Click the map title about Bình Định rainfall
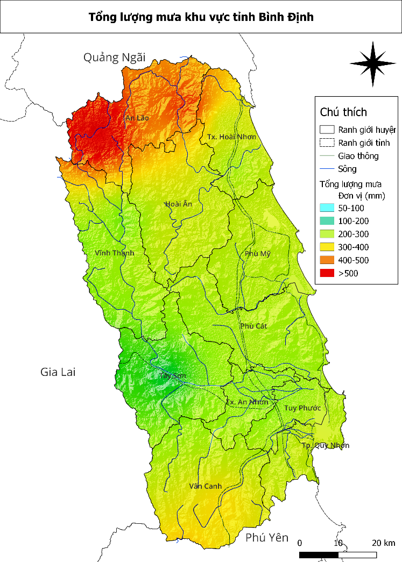(x=201, y=17)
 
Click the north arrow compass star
(x=369, y=63)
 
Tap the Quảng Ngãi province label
(x=114, y=58)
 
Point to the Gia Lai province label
(x=58, y=372)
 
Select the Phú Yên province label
(x=267, y=537)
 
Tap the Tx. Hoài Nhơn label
(x=231, y=138)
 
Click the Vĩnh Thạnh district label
(x=115, y=253)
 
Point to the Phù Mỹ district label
(x=257, y=254)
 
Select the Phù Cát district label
(x=254, y=326)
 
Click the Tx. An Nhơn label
(x=246, y=402)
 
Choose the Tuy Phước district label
(x=302, y=408)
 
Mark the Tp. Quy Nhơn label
(x=325, y=445)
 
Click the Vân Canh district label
(x=206, y=486)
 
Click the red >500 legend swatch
(x=326, y=273)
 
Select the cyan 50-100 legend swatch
(x=326, y=208)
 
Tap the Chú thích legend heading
(x=343, y=112)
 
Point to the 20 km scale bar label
(x=383, y=542)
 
